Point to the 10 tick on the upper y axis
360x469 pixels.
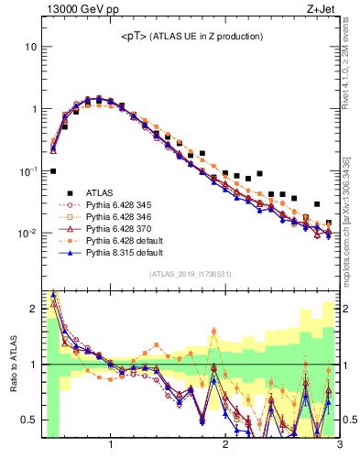click(30, 46)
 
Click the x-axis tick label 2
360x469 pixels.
click(225, 446)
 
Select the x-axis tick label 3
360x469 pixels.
click(339, 446)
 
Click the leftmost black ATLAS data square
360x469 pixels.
click(53, 171)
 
